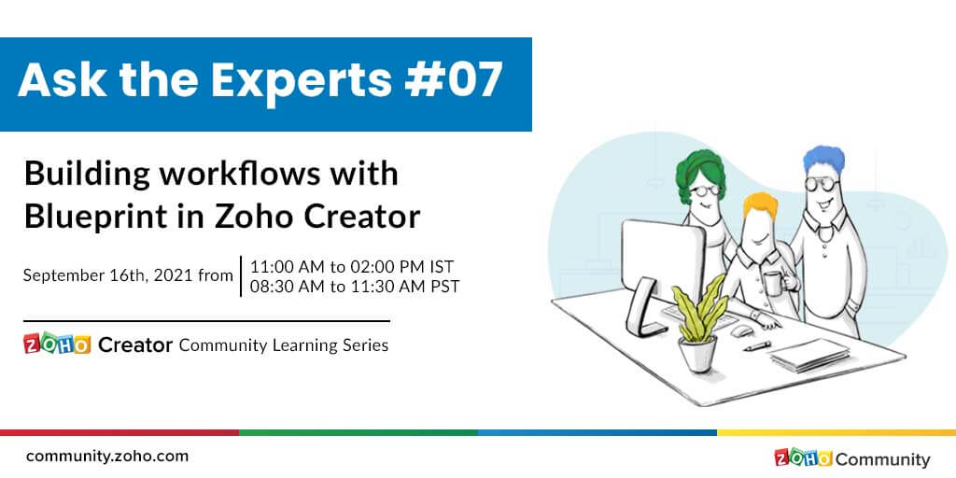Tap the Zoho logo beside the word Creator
57,345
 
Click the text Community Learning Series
283,345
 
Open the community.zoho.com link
107,457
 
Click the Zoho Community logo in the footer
851,458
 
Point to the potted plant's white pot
697,353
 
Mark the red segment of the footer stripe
119,432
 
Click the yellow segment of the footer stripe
836,432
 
